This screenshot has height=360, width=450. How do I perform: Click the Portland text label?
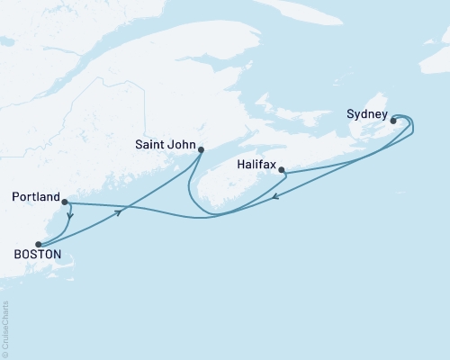click(x=35, y=195)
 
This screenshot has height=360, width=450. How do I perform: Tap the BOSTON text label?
click(x=37, y=255)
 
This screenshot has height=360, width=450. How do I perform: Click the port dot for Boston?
click(x=38, y=244)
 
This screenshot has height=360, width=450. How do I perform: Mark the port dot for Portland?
click(x=65, y=202)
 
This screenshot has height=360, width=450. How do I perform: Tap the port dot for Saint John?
click(x=200, y=150)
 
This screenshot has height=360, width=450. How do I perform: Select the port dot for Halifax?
click(x=282, y=169)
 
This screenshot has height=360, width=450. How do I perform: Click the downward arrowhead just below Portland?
click(x=71, y=216)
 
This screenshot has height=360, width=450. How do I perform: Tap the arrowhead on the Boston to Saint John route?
click(x=119, y=211)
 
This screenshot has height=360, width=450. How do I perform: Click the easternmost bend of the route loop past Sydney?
click(x=413, y=127)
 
